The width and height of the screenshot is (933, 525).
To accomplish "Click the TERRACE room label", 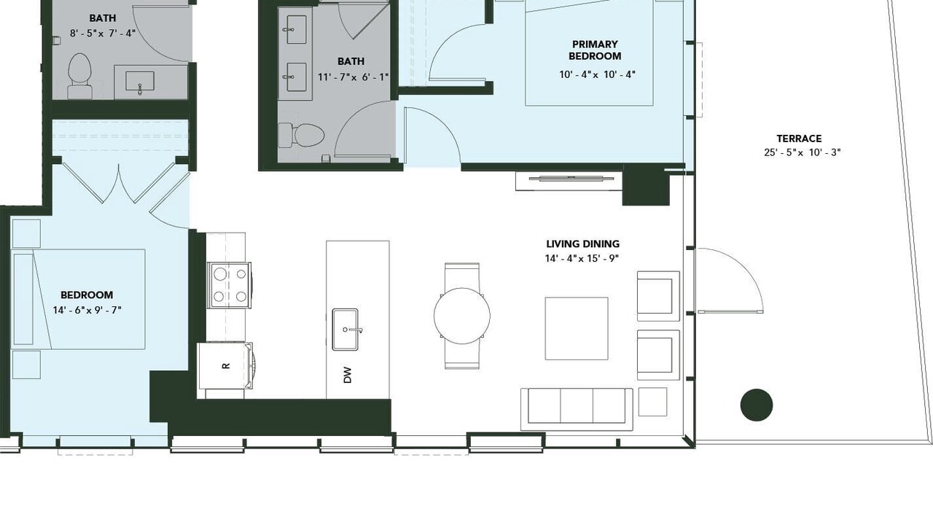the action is click(799, 139).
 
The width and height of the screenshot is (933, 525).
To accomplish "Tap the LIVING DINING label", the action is click(582, 244).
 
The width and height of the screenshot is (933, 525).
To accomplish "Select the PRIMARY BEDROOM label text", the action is click(595, 50).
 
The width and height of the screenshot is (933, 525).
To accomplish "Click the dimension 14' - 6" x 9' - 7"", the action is click(87, 310).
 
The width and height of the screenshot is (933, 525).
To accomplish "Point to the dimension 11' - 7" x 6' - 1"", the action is click(353, 77).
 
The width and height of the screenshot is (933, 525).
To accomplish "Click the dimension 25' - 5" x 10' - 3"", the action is click(803, 152).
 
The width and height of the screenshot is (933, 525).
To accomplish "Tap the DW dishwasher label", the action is click(348, 375).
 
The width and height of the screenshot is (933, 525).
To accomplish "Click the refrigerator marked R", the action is click(225, 365).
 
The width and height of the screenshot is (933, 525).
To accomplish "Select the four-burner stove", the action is click(230, 285).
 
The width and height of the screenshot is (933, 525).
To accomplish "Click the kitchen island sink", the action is click(345, 329).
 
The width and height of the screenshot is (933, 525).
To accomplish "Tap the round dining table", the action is click(462, 316).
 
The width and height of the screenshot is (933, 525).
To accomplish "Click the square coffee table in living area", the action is click(577, 328).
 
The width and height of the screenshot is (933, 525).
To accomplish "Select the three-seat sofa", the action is click(577, 409).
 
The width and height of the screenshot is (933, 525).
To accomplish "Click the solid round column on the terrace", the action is click(757, 405).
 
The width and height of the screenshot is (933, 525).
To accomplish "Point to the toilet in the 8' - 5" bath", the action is click(79, 75).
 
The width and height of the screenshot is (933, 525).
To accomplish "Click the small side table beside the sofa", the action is click(652, 402).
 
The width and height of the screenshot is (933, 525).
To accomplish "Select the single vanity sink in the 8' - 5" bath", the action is click(140, 81).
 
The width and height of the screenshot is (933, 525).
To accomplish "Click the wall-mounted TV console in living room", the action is click(569, 181).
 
